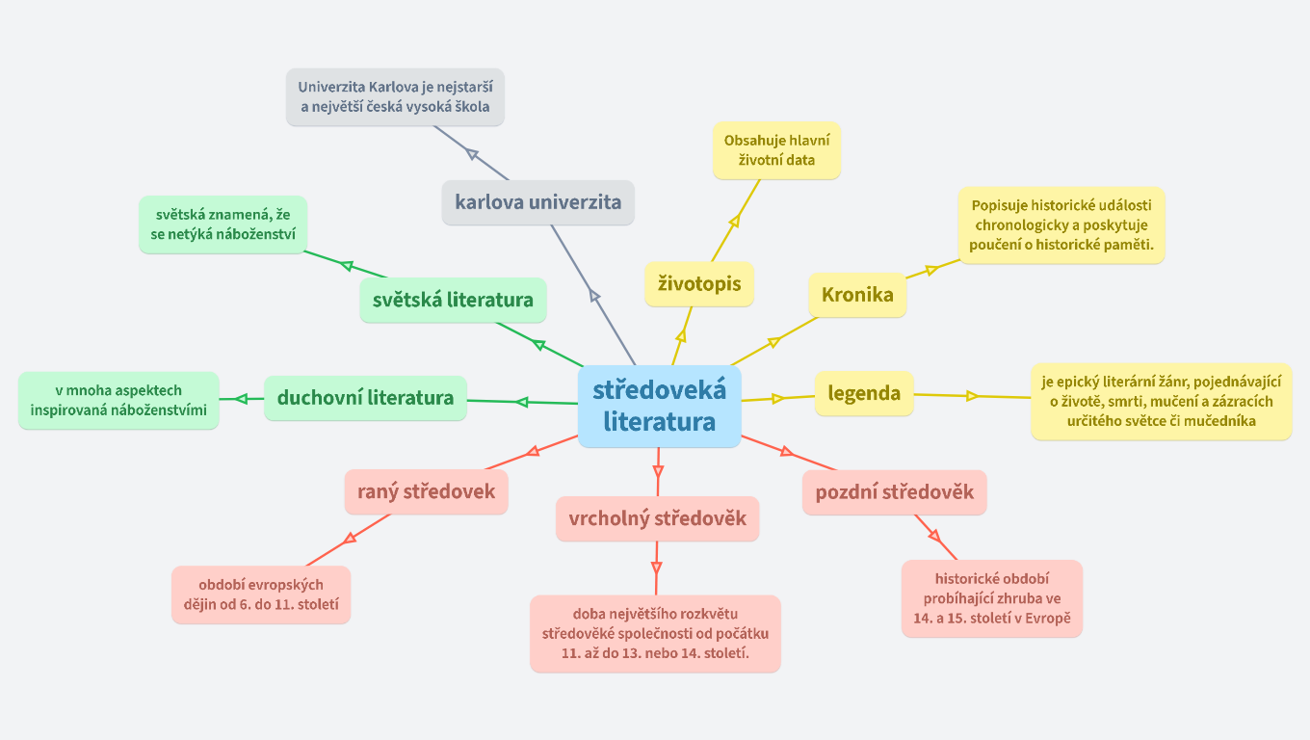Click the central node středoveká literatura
(x=659, y=406)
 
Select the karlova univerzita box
(x=537, y=202)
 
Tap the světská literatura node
(x=453, y=300)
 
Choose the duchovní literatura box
(x=365, y=397)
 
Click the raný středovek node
(x=426, y=491)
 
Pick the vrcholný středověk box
(x=657, y=518)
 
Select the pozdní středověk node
(x=894, y=492)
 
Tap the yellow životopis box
(x=699, y=283)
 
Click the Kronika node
(x=857, y=295)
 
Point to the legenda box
(x=864, y=393)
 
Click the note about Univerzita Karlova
(x=395, y=96)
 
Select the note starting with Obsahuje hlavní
(x=776, y=149)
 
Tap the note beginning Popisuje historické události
(x=1061, y=225)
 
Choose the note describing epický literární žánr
(x=1161, y=401)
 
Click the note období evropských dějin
(x=261, y=595)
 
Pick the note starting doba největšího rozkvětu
(x=655, y=633)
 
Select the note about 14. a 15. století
(x=992, y=598)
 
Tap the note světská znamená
(x=223, y=225)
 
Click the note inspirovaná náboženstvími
(x=118, y=400)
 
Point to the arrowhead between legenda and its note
(x=972, y=396)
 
